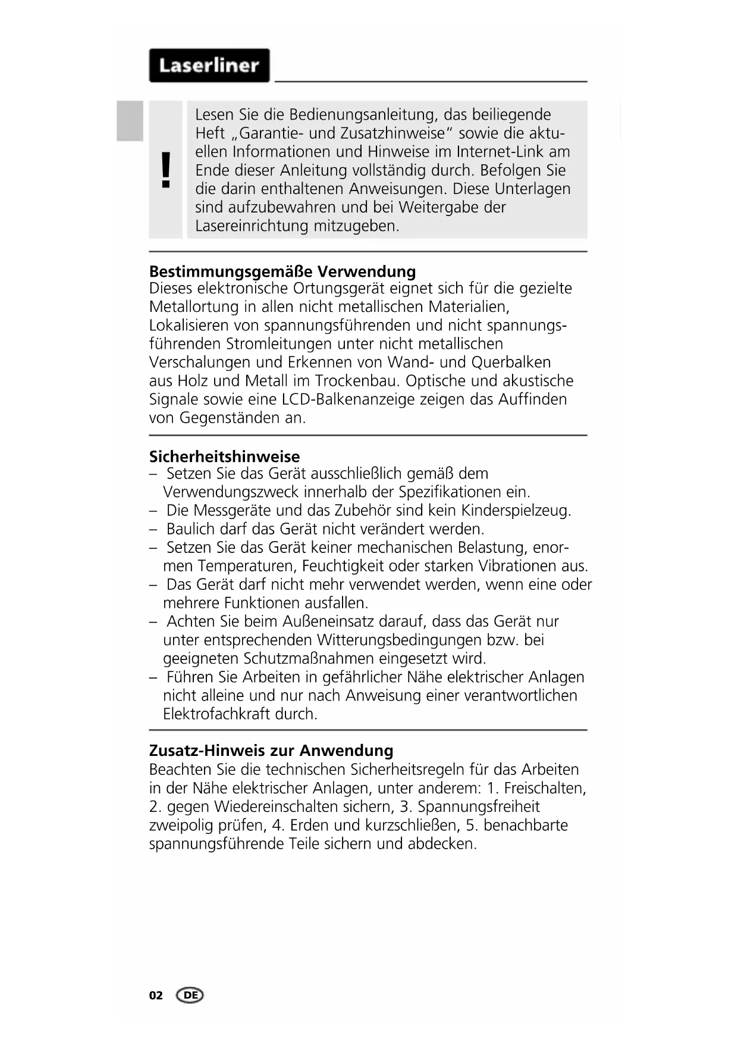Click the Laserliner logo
209,65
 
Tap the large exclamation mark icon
166,170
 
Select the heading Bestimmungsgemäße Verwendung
282,271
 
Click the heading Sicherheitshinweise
224,457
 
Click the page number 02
156,995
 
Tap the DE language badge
190,995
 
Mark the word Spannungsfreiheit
479,807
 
